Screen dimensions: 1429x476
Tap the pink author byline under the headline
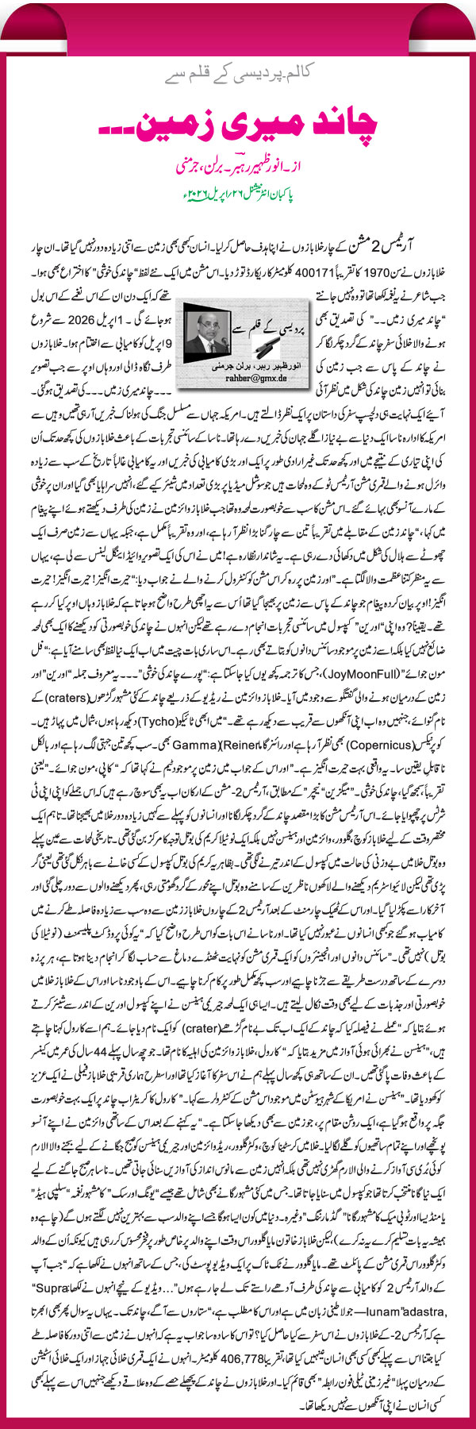tap(238, 168)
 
